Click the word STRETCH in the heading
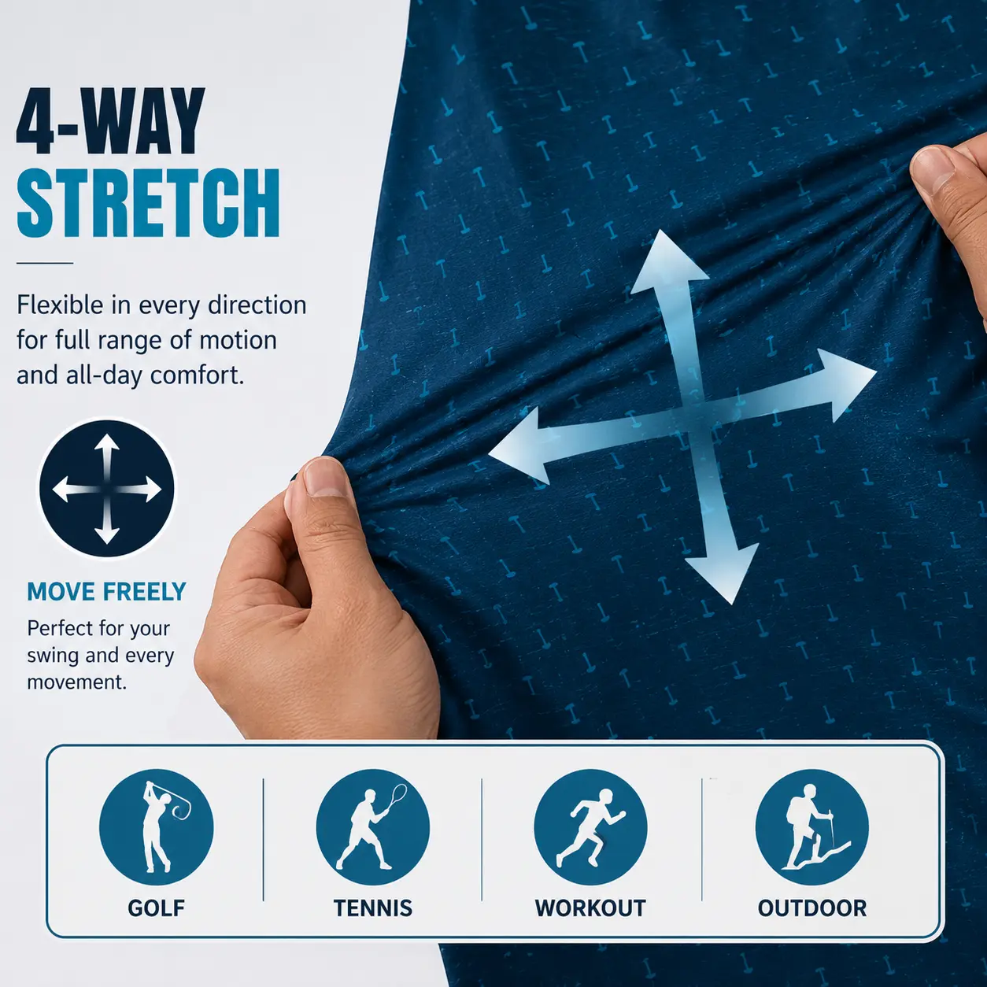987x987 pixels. [149, 203]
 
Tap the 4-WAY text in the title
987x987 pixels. [111, 121]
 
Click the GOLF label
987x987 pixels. [156, 922]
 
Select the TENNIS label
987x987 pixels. [373, 922]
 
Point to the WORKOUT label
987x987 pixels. [590, 922]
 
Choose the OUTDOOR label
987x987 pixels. [811, 922]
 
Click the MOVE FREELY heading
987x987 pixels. [106, 592]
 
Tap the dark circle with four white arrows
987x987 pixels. [107, 489]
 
